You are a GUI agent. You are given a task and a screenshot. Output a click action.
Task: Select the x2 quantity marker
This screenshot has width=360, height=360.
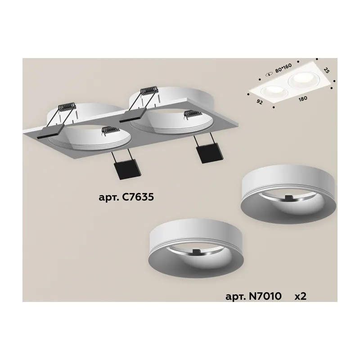[301, 297]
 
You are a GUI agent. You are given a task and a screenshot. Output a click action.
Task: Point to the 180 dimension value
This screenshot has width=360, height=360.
[302, 99]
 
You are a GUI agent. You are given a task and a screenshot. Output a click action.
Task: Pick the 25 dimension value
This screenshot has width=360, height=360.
[327, 70]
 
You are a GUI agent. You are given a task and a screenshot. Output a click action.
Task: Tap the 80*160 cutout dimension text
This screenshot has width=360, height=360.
[283, 68]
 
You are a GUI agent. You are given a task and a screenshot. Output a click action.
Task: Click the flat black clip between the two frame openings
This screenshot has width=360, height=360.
[131, 116]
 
